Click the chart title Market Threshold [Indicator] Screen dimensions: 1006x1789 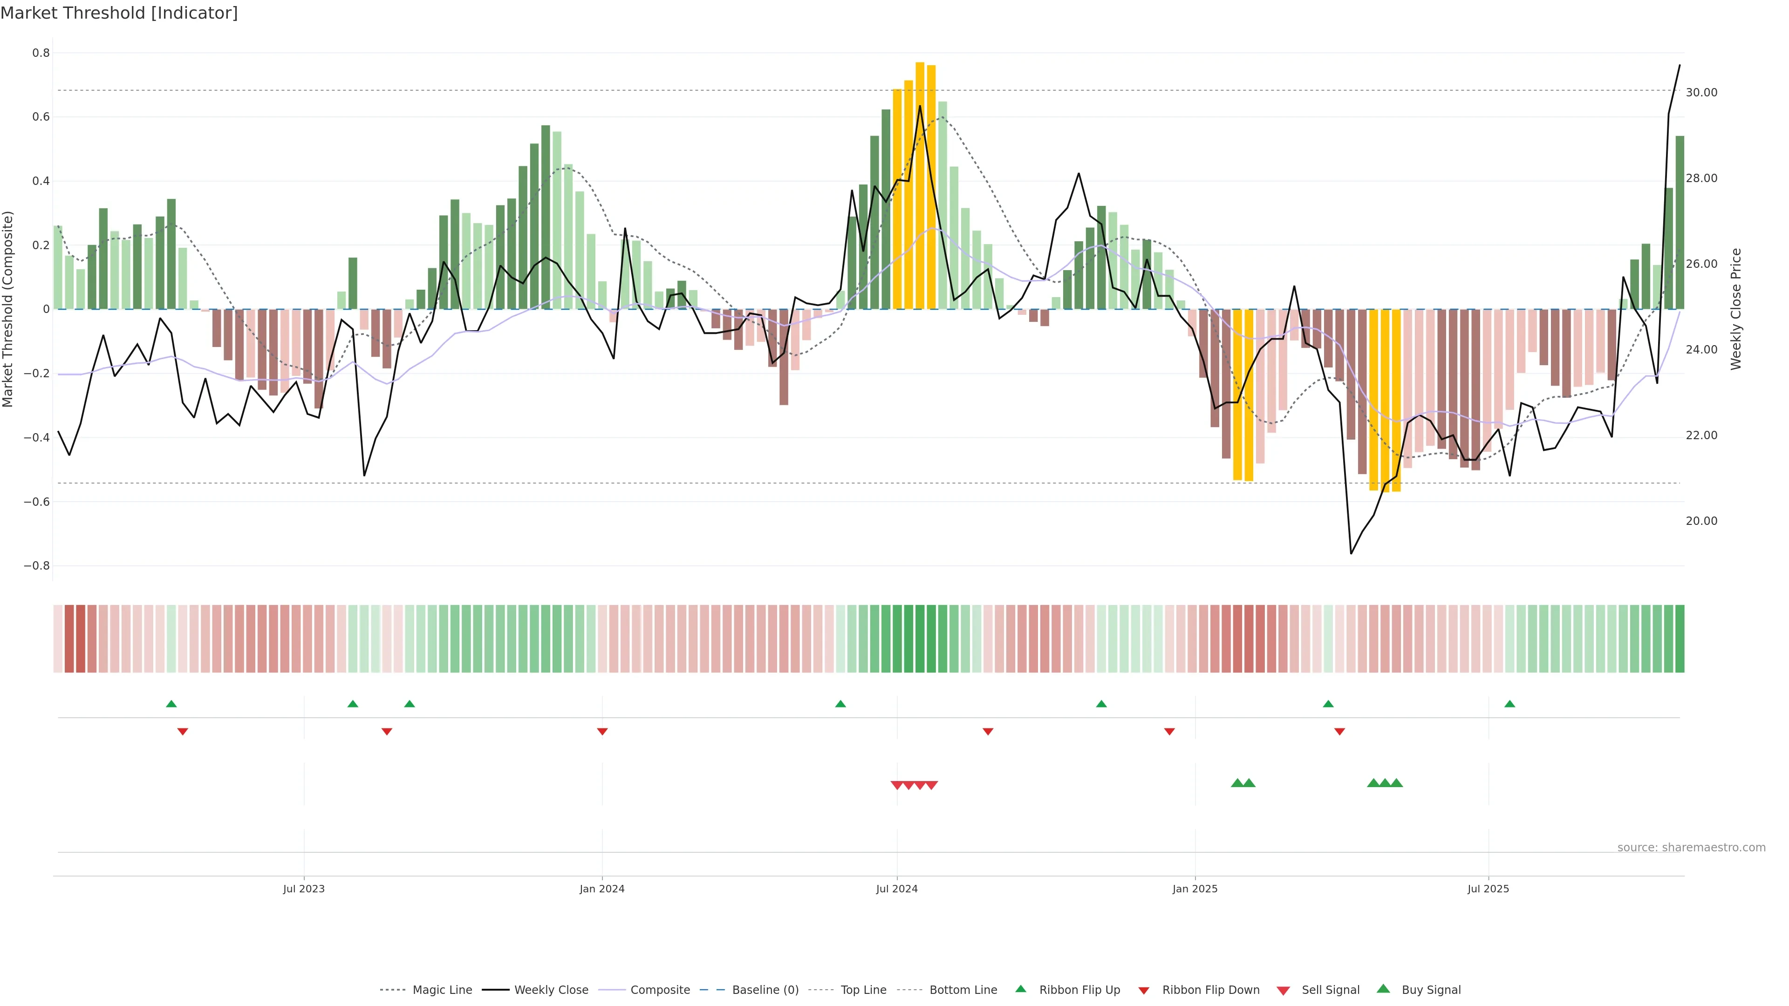coord(119,13)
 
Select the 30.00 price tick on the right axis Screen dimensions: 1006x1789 coord(1701,92)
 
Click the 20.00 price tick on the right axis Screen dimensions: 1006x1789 coord(1701,521)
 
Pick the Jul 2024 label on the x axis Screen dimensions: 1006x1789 coord(896,889)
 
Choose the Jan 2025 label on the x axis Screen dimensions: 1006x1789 coord(1195,889)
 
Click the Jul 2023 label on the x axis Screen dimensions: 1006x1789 coord(303,889)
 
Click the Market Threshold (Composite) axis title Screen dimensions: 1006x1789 coord(8,309)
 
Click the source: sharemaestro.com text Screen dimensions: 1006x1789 coord(1691,848)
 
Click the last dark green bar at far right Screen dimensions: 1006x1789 coord(1679,222)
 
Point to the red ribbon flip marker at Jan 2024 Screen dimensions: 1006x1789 coord(602,732)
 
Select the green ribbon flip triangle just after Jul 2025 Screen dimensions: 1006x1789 coord(1509,704)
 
